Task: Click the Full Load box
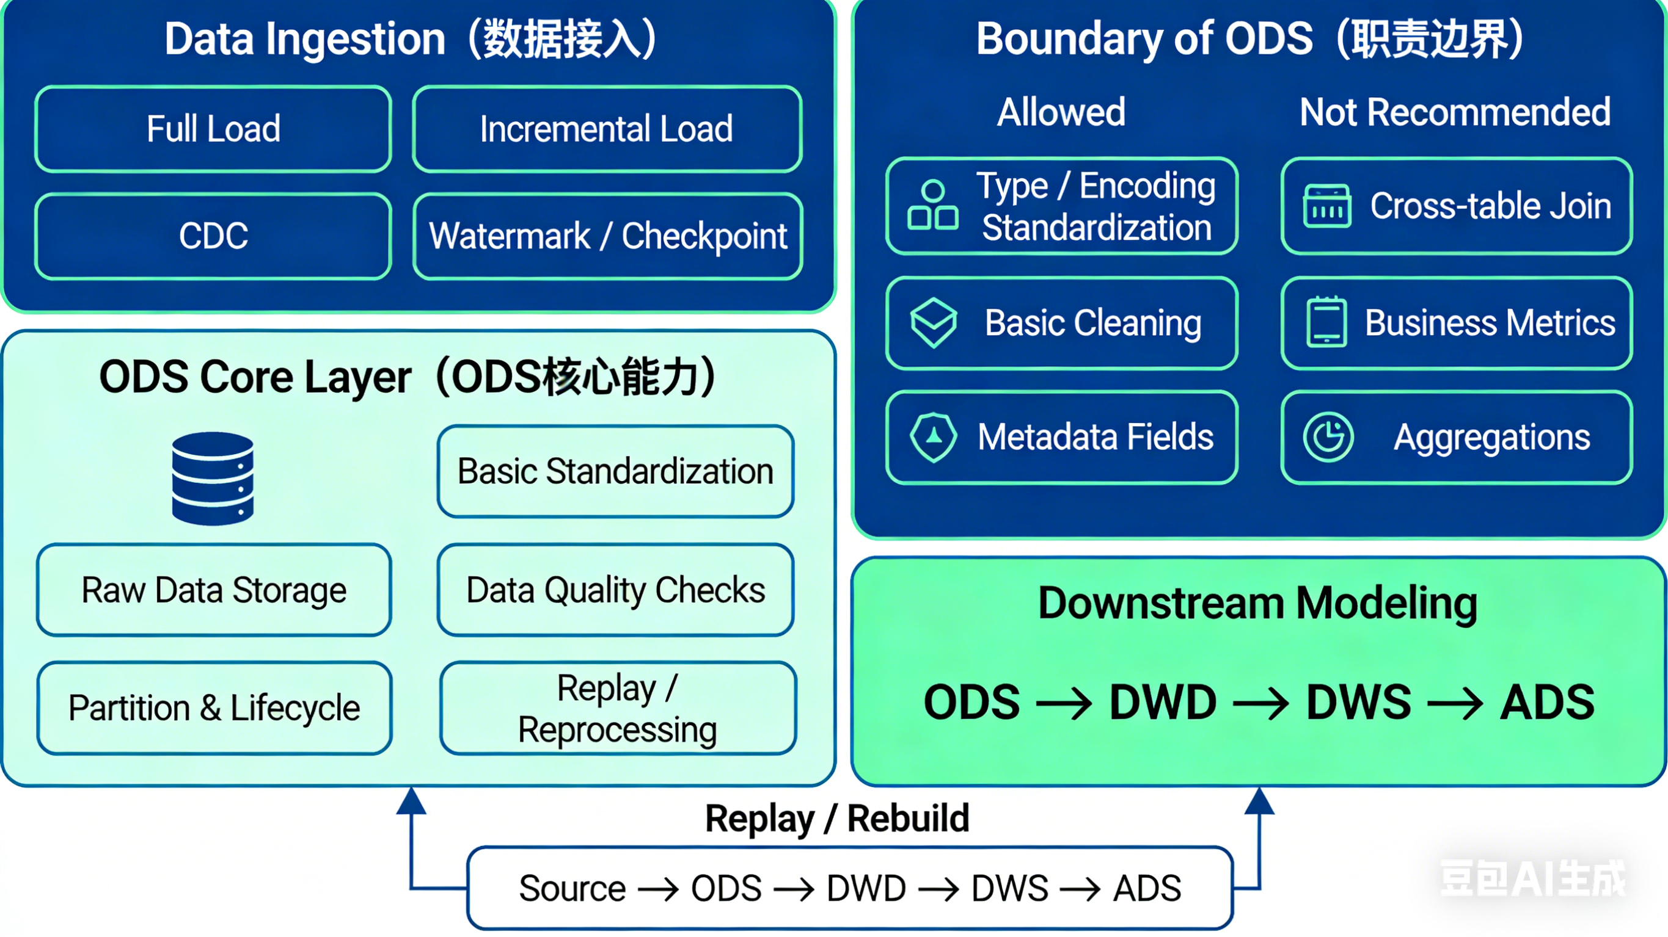click(213, 129)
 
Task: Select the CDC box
click(213, 236)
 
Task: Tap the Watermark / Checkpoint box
click(607, 236)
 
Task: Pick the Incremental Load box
click(607, 129)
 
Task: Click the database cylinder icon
click(213, 478)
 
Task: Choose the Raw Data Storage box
click(214, 590)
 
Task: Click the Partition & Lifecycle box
click(214, 707)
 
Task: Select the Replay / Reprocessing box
click(617, 707)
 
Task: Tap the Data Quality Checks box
click(615, 590)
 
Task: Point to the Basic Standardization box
click(615, 471)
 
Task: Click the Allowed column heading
click(1061, 112)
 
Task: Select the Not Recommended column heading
click(1454, 112)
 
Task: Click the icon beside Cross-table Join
click(1326, 206)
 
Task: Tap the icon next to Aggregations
click(1328, 437)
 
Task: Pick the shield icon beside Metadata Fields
click(933, 437)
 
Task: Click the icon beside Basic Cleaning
click(933, 322)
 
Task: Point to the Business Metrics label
click(1490, 322)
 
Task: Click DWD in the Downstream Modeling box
click(1162, 702)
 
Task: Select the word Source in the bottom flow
click(572, 888)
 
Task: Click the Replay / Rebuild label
click(836, 818)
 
